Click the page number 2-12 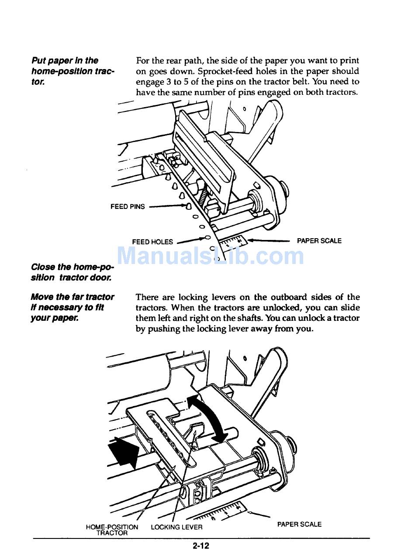(201, 545)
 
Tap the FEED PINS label (128, 207)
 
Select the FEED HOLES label (152, 242)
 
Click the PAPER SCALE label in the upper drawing (319, 241)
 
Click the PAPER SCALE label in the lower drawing (299, 524)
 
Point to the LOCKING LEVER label (176, 527)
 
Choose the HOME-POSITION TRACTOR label (112, 530)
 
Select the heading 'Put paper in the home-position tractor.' (73, 71)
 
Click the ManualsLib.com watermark (211, 256)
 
